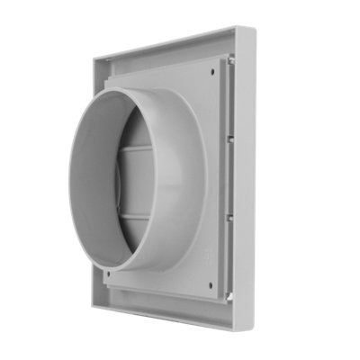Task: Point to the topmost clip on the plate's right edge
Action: (x=231, y=61)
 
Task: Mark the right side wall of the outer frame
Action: (x=245, y=180)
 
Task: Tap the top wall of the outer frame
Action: (x=171, y=45)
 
